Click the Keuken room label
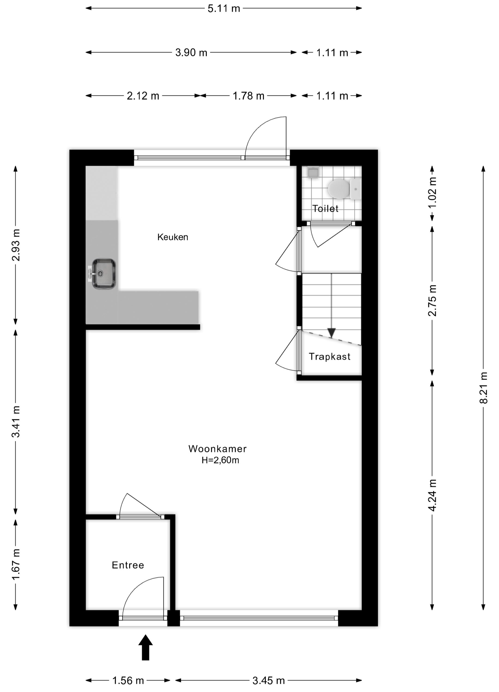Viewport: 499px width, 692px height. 173,237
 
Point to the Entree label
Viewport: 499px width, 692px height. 128,565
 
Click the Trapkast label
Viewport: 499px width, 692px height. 329,356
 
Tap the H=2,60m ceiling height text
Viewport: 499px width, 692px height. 220,460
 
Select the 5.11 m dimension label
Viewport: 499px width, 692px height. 224,9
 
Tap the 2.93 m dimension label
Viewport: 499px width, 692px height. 16,245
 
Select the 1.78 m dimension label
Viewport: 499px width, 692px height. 248,96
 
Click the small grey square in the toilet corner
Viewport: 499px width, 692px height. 313,172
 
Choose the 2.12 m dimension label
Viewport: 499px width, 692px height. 143,96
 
